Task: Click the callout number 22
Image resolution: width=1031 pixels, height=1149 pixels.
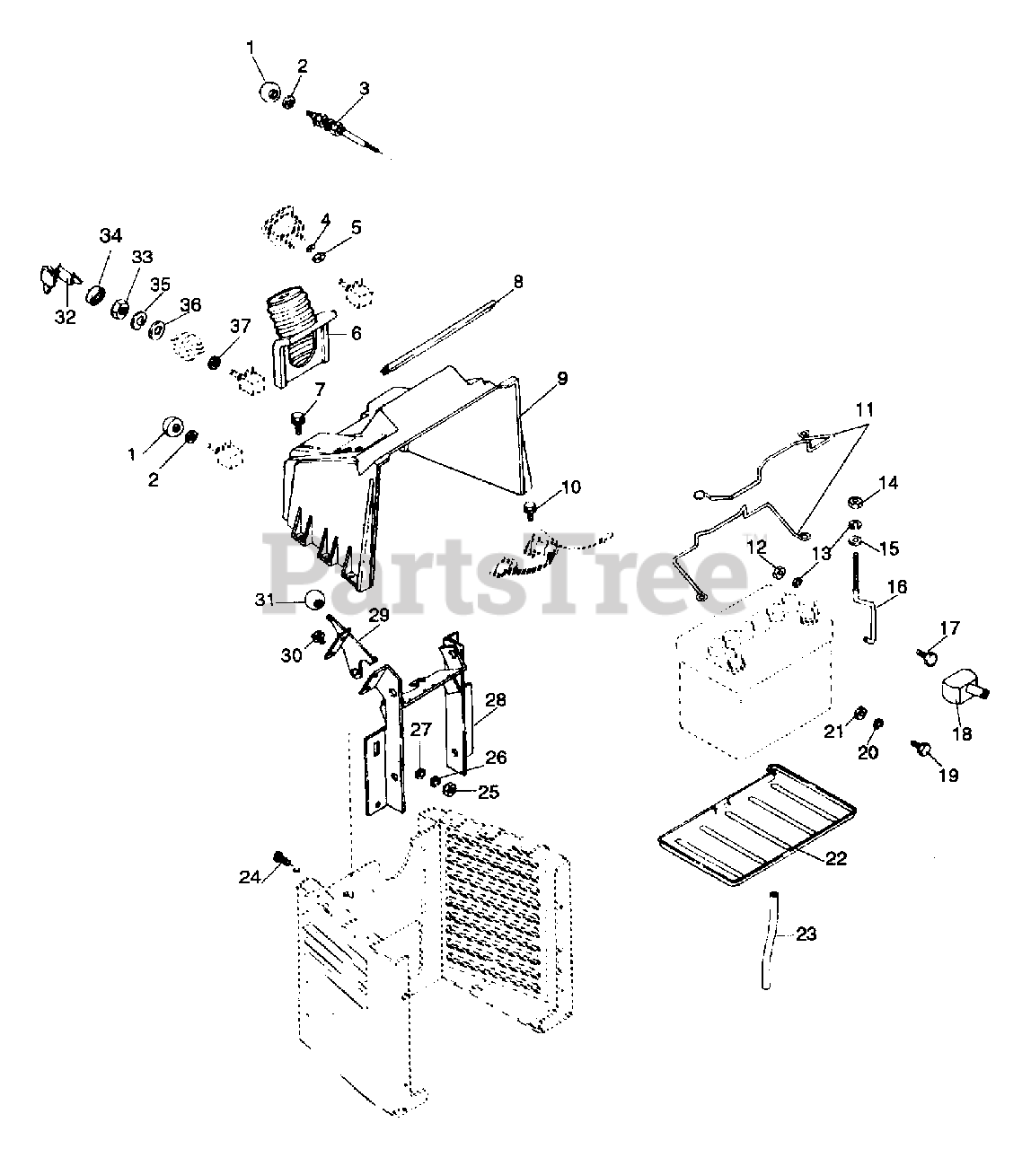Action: point(835,859)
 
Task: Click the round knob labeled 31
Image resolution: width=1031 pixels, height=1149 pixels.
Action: point(315,601)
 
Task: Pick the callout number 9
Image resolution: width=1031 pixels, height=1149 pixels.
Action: point(561,379)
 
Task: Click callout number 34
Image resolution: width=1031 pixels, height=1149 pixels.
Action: point(110,236)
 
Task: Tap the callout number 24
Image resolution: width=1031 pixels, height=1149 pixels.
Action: point(250,876)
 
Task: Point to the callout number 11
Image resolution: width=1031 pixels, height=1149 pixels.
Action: point(863,410)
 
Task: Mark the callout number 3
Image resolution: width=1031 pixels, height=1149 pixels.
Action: point(364,88)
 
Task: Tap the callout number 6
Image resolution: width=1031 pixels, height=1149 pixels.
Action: point(356,333)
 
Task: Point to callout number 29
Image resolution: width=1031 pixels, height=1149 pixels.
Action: point(378,615)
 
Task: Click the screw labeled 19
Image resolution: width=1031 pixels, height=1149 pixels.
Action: point(921,749)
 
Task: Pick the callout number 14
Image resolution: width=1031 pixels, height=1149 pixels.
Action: point(887,483)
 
